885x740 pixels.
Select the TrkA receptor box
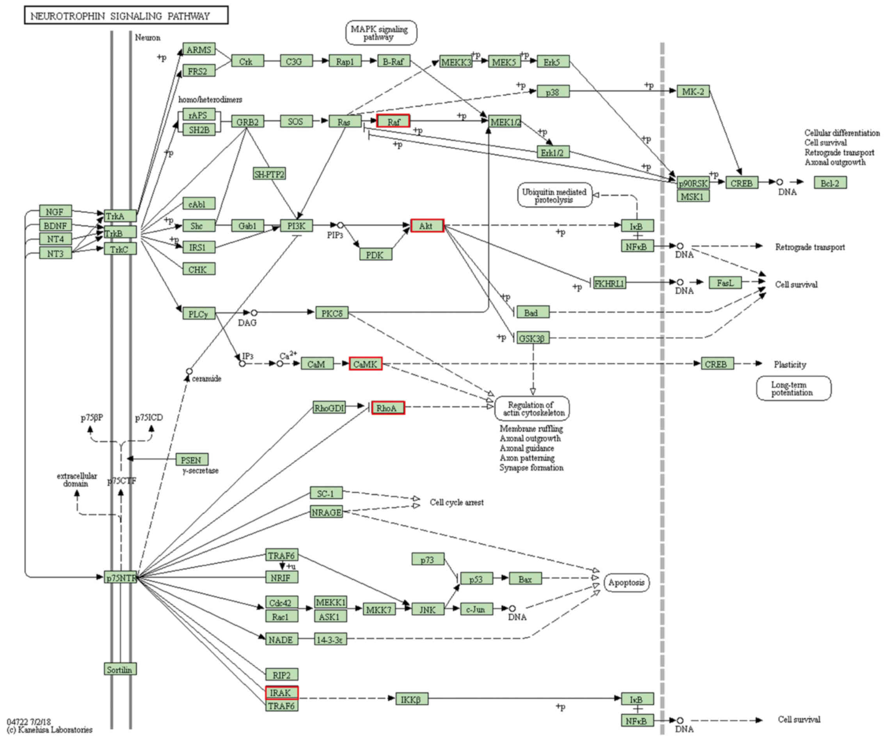click(120, 216)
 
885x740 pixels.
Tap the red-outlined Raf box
click(393, 121)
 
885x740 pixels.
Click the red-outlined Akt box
click(427, 226)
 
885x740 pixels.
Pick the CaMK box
click(365, 363)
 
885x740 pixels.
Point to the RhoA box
click(388, 408)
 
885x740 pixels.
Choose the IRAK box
click(281, 692)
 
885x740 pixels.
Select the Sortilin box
click(120, 669)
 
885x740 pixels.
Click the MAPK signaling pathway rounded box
click(381, 33)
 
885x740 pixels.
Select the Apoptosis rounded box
click(627, 582)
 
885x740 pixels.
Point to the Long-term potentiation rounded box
click(794, 388)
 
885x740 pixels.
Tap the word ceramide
click(206, 378)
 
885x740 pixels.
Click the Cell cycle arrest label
click(457, 502)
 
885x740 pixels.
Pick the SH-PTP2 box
click(269, 173)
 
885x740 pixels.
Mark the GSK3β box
click(533, 338)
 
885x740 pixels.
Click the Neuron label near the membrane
click(147, 37)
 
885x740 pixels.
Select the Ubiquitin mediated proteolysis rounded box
click(554, 195)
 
